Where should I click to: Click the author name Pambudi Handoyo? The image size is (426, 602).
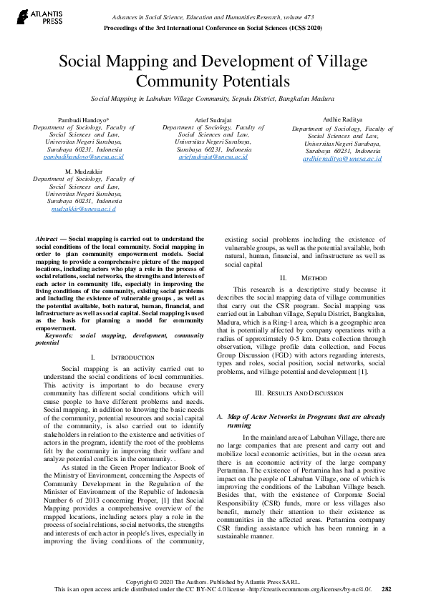pos(84,119)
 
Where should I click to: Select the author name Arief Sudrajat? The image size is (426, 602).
pos(213,119)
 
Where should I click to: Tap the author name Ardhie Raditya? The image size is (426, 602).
pos(342,120)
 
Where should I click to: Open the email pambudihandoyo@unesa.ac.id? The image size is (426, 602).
pos(84,156)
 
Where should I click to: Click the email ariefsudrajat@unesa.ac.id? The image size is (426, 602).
pos(213,156)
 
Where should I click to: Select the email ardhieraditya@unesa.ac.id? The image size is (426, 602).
pos(342,159)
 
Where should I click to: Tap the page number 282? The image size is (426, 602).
pos(387,589)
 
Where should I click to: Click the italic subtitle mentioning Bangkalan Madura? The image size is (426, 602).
pos(213,98)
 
